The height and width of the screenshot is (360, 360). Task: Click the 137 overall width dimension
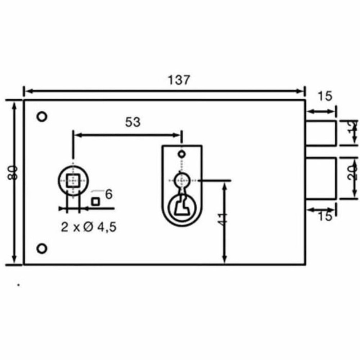pos(179,80)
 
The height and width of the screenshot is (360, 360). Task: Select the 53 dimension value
pos(132,122)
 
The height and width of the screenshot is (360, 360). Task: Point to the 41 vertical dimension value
pos(223,219)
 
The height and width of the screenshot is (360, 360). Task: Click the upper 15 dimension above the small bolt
pos(324,96)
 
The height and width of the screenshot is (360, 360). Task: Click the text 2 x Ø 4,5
pos(89,228)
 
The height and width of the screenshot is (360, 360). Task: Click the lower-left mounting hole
pos(42,248)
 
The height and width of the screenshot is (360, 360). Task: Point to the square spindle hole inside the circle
pos(74,179)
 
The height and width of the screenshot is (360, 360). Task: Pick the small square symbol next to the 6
pos(95,202)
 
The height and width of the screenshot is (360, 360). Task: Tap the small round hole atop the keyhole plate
pos(182,154)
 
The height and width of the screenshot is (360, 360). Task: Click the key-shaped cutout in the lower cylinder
pos(181,206)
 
